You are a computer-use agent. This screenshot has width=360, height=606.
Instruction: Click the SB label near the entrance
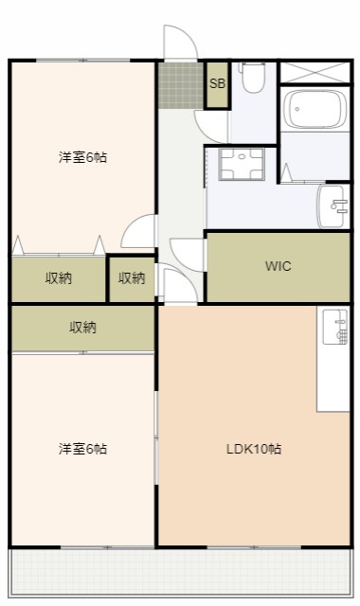[x=217, y=83]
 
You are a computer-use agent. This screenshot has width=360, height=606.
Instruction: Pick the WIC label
[x=278, y=266]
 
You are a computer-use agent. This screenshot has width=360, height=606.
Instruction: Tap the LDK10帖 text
[x=253, y=449]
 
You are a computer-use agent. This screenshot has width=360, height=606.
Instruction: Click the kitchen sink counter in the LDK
[x=333, y=358]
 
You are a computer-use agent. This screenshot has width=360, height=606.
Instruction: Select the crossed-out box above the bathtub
[x=315, y=72]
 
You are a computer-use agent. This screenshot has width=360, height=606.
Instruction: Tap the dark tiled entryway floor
[x=180, y=84]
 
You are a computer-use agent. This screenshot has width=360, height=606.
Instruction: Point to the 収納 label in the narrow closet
[x=132, y=278]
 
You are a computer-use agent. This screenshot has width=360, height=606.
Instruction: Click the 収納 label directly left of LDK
[x=82, y=328]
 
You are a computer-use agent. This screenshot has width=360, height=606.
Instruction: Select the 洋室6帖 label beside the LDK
[x=82, y=449]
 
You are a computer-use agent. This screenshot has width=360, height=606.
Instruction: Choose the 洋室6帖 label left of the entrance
[x=82, y=157]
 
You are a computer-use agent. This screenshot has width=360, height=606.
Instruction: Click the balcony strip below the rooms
[x=180, y=574]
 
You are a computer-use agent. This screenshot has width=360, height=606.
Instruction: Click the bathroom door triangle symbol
[x=290, y=176]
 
